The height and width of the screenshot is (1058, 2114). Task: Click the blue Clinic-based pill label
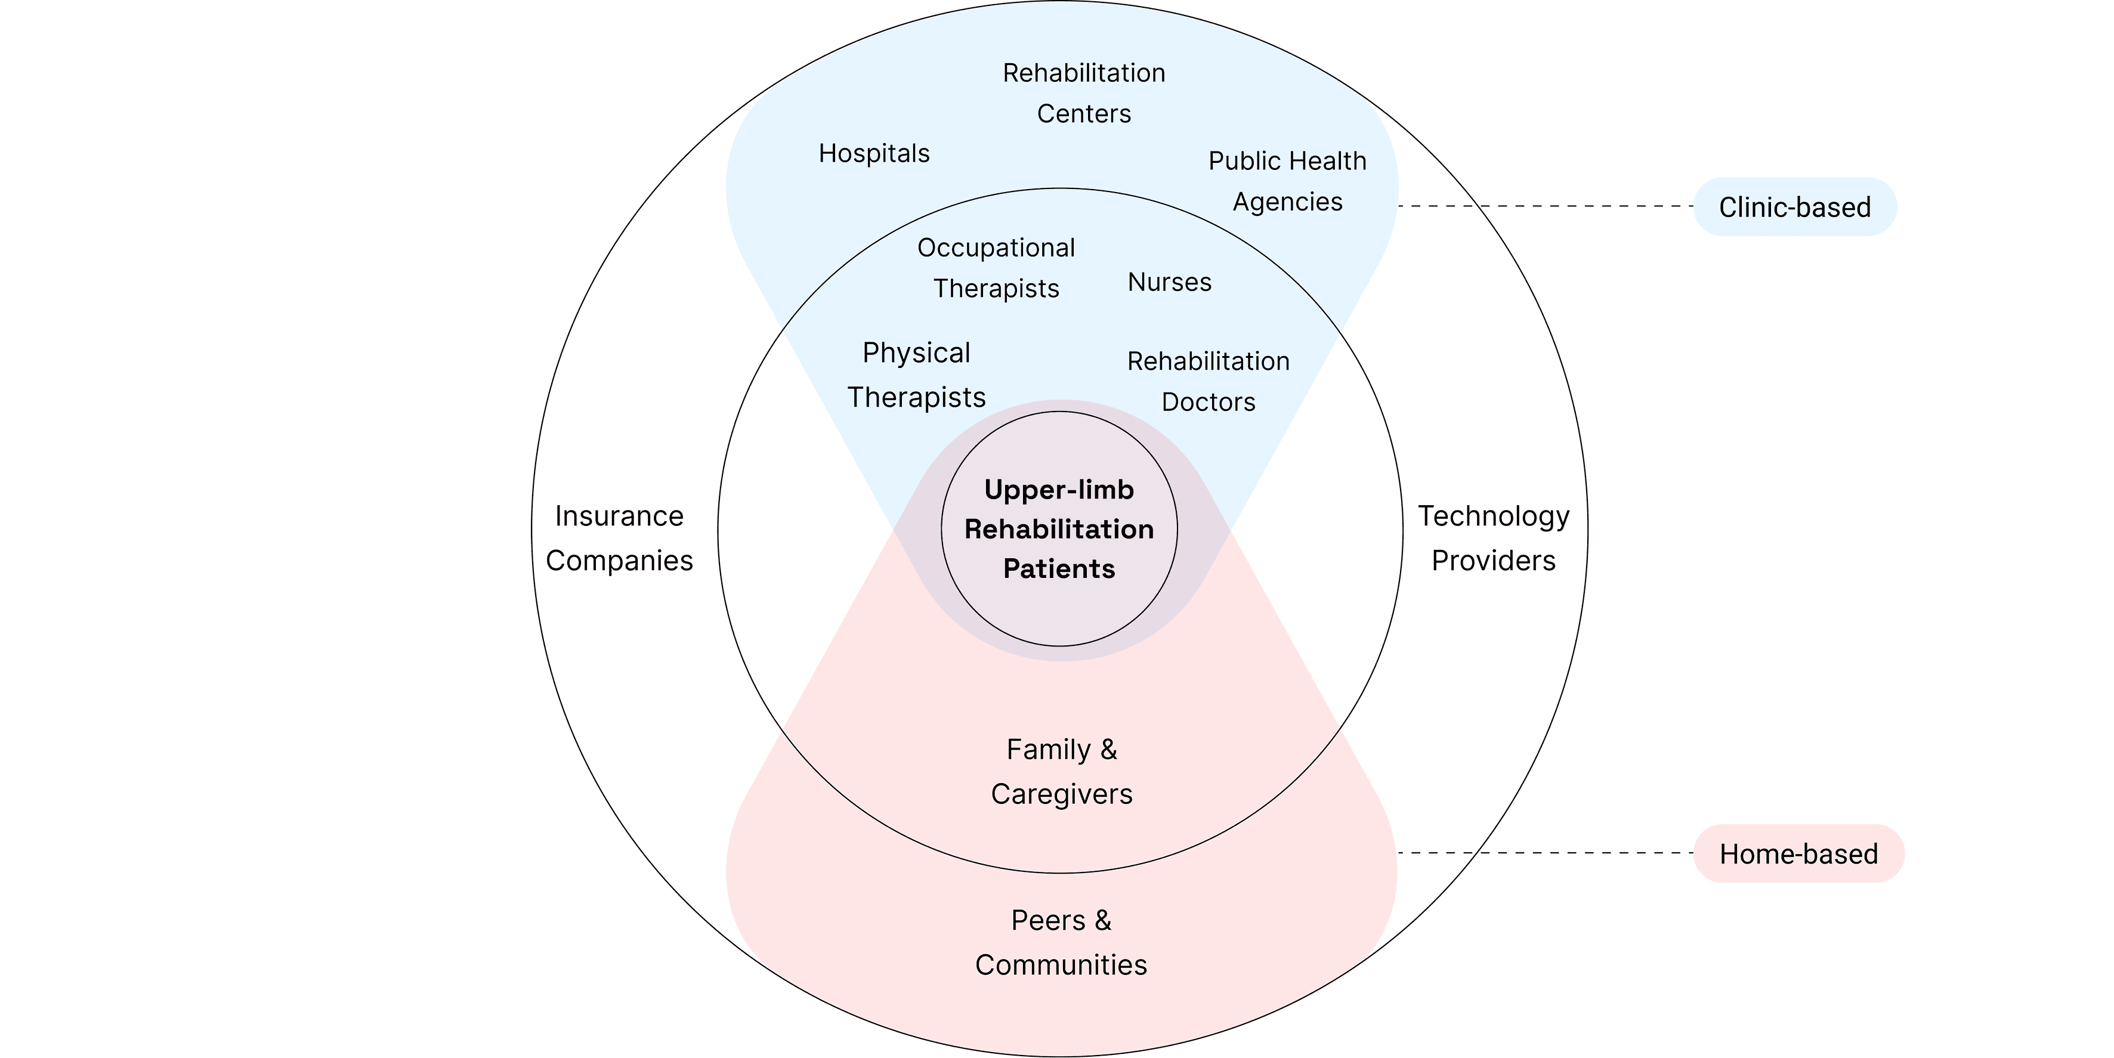coord(1795,207)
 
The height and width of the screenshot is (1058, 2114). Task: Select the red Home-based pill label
coord(1798,853)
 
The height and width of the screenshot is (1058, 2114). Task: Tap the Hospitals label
coord(874,153)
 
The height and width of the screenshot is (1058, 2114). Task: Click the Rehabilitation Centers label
coord(1083,93)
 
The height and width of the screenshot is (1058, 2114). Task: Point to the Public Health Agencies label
coord(1287,181)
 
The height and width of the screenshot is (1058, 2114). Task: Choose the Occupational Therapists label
coord(996,268)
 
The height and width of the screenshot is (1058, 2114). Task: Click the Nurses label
coord(1169,282)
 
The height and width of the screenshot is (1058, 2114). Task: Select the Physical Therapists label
coord(916,375)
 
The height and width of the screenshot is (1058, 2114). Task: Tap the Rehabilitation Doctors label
coord(1208,381)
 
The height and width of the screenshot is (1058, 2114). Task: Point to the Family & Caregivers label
coord(1061,772)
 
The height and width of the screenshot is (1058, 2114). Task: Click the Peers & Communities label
coord(1061,942)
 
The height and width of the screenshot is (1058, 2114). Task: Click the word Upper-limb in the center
coord(1059,490)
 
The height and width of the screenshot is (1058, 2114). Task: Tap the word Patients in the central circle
coord(1059,569)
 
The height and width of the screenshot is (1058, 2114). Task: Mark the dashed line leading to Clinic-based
coord(1543,206)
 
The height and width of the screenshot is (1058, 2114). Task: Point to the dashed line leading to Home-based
coord(1543,853)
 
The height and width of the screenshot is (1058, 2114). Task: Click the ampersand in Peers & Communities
coord(1103,920)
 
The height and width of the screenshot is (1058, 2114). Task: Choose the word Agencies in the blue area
coord(1288,202)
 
